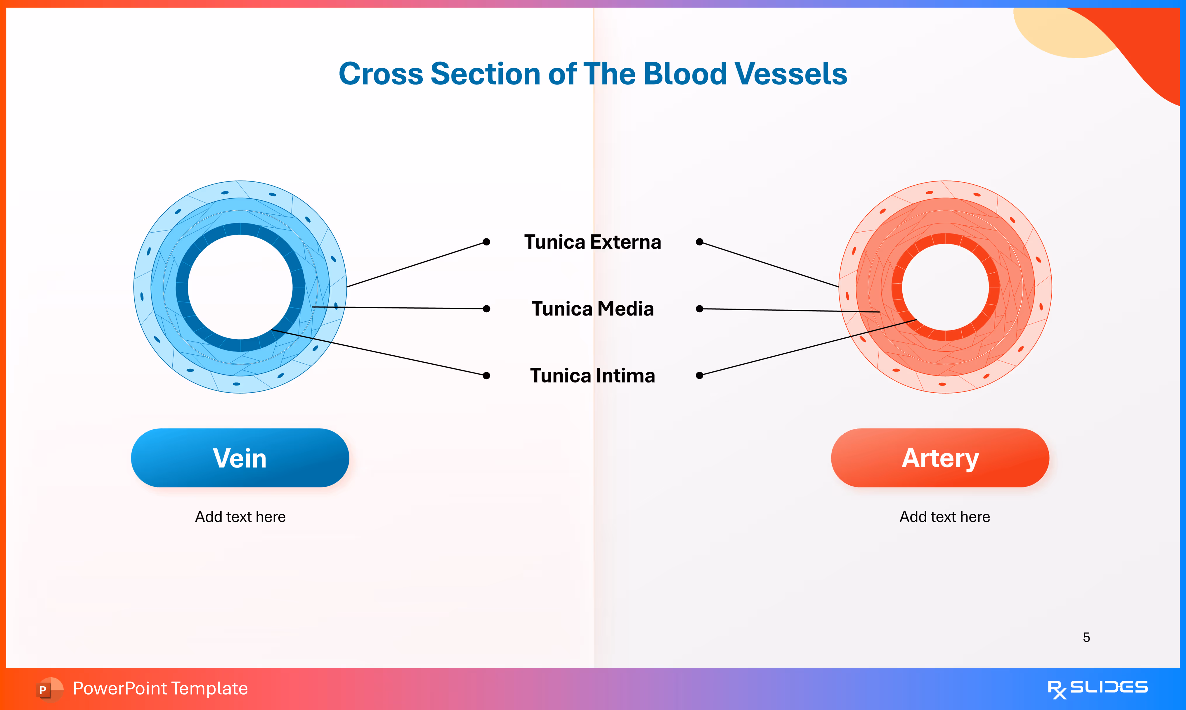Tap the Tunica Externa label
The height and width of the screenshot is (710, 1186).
[x=592, y=242]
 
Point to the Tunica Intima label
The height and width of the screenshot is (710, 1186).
[x=592, y=375]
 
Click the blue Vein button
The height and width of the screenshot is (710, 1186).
[x=240, y=458]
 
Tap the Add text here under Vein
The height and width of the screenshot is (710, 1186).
[x=240, y=517]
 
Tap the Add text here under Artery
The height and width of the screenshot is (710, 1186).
[x=944, y=517]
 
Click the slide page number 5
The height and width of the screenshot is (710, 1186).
[x=1086, y=637]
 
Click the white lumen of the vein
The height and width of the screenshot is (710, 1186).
[x=240, y=287]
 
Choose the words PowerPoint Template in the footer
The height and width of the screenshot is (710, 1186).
[x=160, y=688]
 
